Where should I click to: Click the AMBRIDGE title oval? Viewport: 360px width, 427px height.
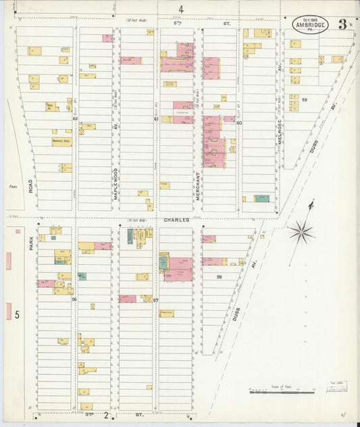coord(312,26)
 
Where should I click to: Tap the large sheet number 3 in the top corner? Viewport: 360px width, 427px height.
coord(343,25)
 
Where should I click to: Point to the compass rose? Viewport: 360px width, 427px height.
coord(301,232)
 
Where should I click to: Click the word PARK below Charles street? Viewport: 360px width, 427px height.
coord(31,243)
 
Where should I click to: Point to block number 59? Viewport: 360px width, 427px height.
coord(305,100)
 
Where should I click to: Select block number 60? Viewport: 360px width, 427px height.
coord(239,123)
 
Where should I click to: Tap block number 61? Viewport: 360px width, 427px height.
coord(156,119)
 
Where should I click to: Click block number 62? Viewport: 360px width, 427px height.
coord(75,119)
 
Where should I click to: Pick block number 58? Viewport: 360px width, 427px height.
coord(220,277)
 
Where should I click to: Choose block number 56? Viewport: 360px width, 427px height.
coord(74,299)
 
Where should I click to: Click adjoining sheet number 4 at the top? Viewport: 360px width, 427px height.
coord(180,9)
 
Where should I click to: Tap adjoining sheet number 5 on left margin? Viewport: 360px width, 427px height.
coord(18,314)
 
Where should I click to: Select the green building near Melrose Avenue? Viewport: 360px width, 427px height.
coord(261,199)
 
